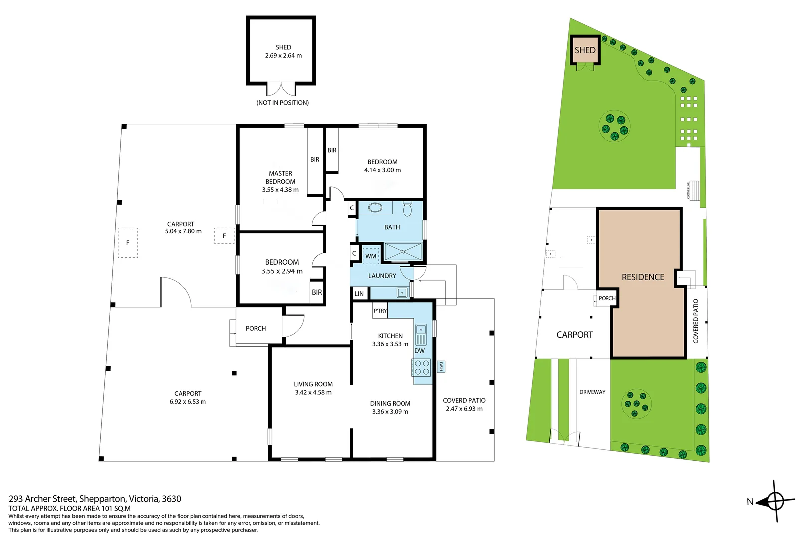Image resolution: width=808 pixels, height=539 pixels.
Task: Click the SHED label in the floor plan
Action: [x=283, y=47]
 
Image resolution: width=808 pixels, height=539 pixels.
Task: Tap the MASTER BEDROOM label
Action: [x=280, y=178]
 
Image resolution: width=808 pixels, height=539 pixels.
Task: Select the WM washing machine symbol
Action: [x=371, y=256]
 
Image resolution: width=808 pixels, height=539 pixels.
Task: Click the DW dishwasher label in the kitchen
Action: [x=420, y=351]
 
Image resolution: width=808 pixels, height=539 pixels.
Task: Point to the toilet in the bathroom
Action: [x=407, y=209]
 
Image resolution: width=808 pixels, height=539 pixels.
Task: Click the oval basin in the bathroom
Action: [x=375, y=207]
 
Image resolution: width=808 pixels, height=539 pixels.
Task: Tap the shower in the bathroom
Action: [x=403, y=252]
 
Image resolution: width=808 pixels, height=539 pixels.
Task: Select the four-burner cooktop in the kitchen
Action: [x=422, y=368]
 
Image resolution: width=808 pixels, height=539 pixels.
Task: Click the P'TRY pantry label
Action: [x=380, y=311]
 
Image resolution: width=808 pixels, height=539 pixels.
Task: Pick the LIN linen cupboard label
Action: [x=359, y=294]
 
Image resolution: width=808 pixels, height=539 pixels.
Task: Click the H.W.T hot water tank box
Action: [x=441, y=366]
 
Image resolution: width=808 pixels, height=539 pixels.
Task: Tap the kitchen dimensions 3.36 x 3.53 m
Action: [x=390, y=344]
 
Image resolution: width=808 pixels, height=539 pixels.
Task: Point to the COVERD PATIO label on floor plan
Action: [x=464, y=400]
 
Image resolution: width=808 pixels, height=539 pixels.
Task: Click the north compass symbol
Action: [x=775, y=501]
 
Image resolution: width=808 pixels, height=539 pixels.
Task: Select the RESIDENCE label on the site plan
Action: [x=643, y=277]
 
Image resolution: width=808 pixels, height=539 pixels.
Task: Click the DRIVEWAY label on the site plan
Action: [x=592, y=392]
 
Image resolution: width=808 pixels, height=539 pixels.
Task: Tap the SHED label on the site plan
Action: [x=585, y=50]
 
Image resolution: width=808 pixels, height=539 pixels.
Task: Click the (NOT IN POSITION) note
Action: [x=282, y=103]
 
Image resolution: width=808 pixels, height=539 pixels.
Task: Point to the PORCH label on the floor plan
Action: [x=256, y=328]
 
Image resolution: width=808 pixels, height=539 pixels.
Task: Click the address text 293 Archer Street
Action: [x=95, y=499]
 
